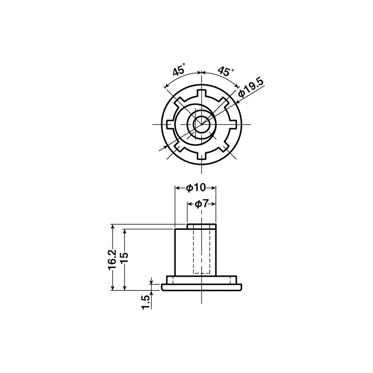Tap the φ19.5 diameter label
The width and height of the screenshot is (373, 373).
[251, 88]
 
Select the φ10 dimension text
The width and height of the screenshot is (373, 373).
[195, 188]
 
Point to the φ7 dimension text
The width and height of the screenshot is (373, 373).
[201, 204]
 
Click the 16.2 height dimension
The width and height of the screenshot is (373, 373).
[112, 260]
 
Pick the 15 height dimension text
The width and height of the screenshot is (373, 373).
[124, 257]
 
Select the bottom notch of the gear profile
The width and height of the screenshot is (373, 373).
[201, 156]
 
